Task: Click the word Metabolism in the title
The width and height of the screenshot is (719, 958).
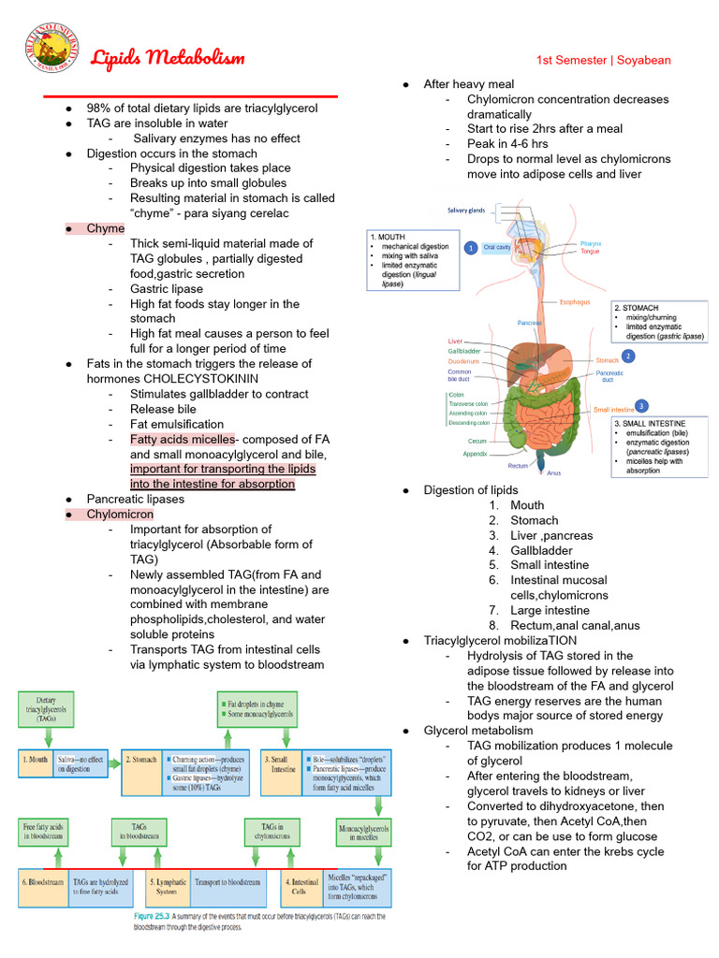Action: point(195,59)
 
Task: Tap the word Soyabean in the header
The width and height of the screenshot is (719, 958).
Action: point(645,60)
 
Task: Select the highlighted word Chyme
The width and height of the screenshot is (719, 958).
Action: point(105,228)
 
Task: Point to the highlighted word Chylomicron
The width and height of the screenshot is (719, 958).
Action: point(120,514)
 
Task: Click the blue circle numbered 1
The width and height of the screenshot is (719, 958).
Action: point(471,247)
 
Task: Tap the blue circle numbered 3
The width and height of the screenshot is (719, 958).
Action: point(640,406)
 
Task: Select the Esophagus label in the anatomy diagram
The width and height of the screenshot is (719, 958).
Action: point(574,302)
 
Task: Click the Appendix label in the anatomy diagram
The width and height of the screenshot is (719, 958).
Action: point(475,454)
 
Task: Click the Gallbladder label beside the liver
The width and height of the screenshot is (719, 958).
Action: point(464,351)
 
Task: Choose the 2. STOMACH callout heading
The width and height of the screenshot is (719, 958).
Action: point(637,307)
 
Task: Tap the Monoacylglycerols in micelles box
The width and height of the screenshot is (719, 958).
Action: point(363,833)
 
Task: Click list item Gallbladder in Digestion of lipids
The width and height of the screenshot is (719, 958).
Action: point(542,550)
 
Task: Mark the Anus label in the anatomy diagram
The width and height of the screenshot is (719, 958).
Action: point(553,473)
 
